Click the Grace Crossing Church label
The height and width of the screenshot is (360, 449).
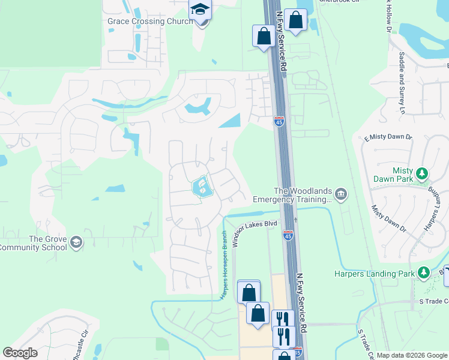coord(150,22)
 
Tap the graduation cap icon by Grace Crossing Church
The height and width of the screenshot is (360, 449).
coord(200,10)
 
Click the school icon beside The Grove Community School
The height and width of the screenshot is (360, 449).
coord(76,242)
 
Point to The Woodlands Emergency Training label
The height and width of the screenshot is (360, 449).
coord(292,194)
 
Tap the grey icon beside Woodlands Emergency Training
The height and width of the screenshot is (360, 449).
coord(341,193)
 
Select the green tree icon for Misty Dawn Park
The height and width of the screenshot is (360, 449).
coord(423,174)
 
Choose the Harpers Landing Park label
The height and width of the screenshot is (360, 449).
coord(375,274)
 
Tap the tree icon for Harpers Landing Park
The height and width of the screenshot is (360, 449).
coord(424,273)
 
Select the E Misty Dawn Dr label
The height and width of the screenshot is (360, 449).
coord(388,138)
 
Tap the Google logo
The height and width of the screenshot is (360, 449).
coord(20,353)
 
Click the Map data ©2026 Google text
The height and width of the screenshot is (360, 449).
coord(411,355)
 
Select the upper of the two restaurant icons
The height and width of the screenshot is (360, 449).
coord(282,319)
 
